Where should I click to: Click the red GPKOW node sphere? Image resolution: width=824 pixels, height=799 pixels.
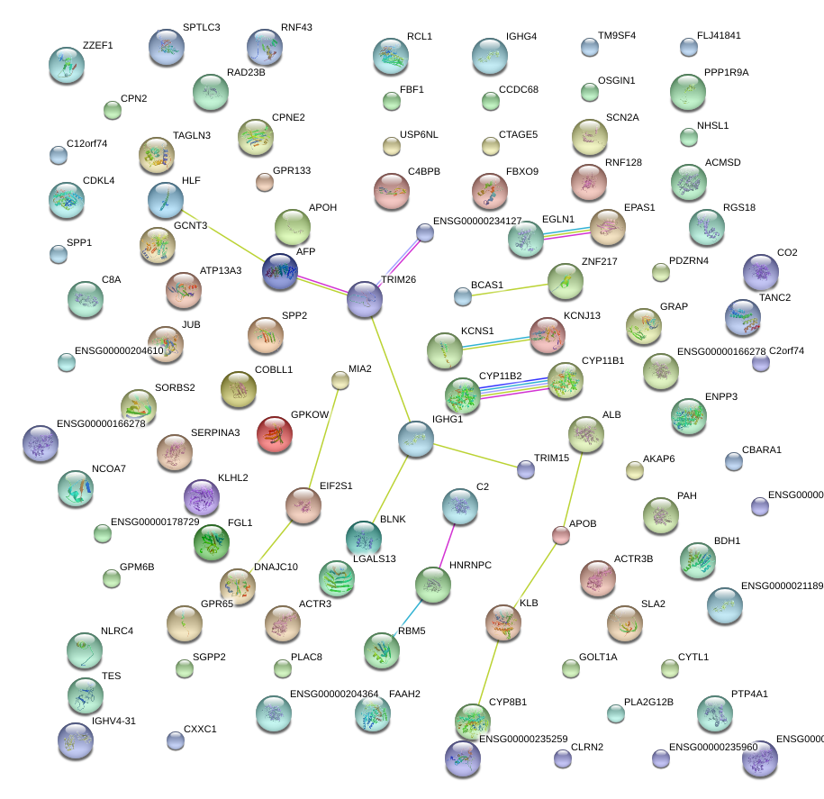point(275,434)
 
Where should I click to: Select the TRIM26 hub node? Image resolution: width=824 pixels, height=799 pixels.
point(365,300)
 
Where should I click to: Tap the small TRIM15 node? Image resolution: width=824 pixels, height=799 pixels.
point(526,469)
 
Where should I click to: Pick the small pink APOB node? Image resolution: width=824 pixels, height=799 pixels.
point(561,535)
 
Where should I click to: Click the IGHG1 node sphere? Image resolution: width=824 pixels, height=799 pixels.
point(416,439)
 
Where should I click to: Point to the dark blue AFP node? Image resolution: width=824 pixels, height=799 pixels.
point(280,272)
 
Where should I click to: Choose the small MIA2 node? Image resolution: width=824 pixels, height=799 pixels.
point(340,381)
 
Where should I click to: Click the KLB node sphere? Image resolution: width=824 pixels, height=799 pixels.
point(503,622)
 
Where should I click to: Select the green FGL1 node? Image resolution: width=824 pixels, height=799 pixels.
point(212,541)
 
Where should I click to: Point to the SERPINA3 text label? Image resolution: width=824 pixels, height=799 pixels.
point(215,433)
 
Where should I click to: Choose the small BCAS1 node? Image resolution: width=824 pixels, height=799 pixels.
point(463,295)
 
